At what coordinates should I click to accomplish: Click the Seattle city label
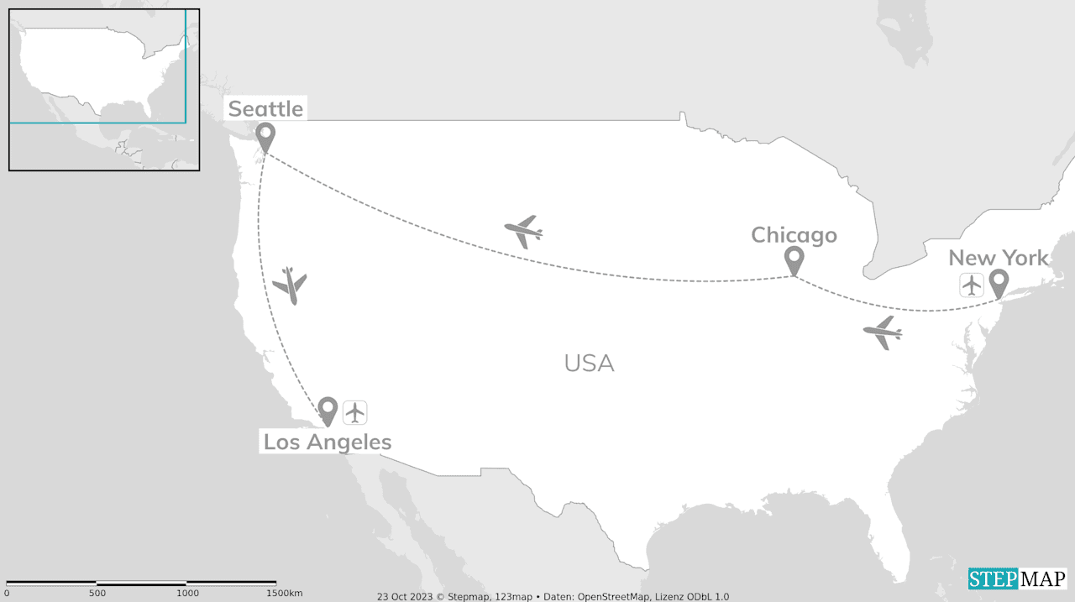coord(265,108)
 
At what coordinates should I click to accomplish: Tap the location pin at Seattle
coord(265,135)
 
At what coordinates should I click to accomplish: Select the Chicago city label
coord(794,235)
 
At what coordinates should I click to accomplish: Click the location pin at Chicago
coord(794,259)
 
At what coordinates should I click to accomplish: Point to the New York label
coord(999,258)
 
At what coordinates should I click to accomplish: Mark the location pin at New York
coord(999,283)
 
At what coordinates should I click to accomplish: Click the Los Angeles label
coord(328,442)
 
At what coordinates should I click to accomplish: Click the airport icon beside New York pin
coord(972,285)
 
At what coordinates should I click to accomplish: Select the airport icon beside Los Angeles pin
coord(355,412)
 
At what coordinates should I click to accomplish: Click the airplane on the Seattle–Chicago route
coord(524,230)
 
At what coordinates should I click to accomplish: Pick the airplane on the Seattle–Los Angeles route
coord(291,285)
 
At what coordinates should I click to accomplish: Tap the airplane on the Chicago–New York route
coord(883,332)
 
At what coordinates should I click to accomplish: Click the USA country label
coord(589,364)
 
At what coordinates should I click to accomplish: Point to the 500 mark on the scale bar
coord(97,593)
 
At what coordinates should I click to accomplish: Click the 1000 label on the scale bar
coord(187,593)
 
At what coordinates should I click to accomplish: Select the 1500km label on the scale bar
coord(284,593)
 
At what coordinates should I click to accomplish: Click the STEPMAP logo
coord(1017,578)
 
